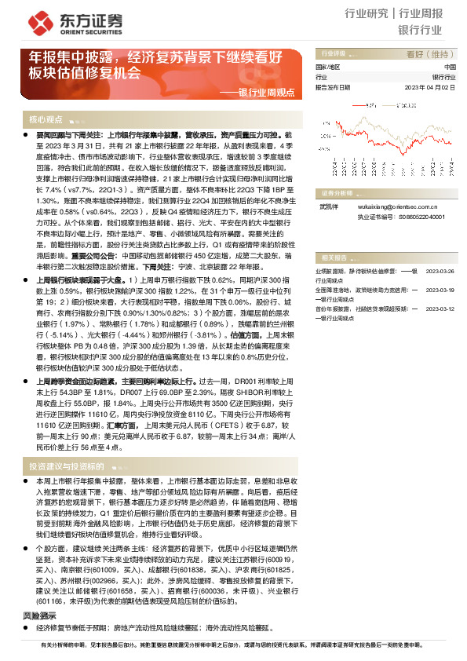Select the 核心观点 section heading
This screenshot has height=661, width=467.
pyautogui.click(x=46, y=120)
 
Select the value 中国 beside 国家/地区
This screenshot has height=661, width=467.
pyautogui.click(x=449, y=68)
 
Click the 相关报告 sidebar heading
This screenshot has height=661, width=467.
pyautogui.click(x=339, y=257)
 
